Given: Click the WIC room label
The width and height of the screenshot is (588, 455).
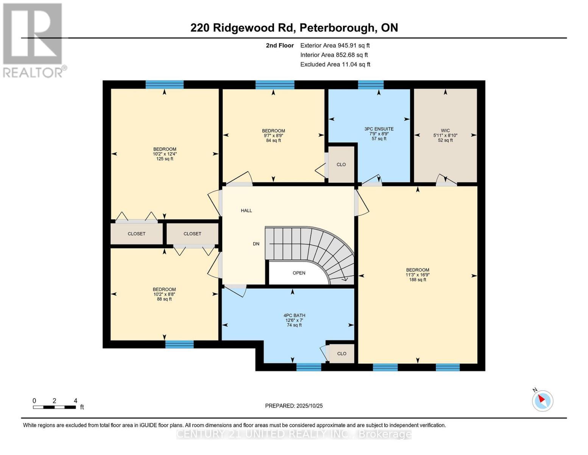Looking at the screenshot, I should click(x=445, y=131).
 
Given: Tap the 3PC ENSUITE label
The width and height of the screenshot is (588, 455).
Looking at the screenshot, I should click(x=379, y=129).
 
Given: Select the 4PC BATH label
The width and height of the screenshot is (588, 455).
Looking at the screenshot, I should click(x=294, y=315).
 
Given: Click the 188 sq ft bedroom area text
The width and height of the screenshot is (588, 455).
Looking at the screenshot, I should click(x=418, y=280).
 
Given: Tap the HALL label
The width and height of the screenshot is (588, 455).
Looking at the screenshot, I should click(x=246, y=210).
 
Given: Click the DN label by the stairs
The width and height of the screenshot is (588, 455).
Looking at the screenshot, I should click(x=256, y=244).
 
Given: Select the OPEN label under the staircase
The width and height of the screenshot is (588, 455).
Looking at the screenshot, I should click(x=299, y=273).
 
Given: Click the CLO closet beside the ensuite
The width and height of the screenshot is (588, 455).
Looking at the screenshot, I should click(x=341, y=165).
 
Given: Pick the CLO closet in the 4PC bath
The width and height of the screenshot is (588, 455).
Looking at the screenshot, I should click(x=342, y=353).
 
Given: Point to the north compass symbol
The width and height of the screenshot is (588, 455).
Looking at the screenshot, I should click(x=543, y=400).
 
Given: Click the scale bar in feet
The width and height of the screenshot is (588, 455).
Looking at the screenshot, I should click(x=54, y=407).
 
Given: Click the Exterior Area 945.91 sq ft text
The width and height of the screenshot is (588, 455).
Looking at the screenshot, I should click(x=335, y=45).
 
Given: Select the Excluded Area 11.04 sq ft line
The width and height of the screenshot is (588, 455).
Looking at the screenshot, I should click(x=335, y=64).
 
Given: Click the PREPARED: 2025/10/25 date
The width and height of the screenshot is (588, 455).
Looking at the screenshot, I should click(x=294, y=406).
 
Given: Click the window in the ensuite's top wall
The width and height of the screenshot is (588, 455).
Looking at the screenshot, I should click(x=371, y=85).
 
